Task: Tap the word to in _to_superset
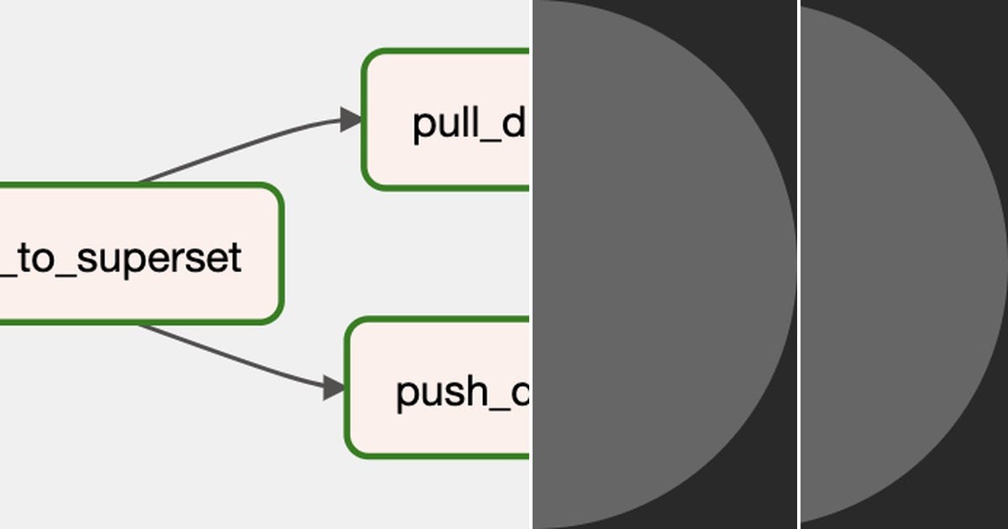39,258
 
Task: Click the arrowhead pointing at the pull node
350,119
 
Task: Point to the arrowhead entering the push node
334,388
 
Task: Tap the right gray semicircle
899,264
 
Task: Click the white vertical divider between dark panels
798,264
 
